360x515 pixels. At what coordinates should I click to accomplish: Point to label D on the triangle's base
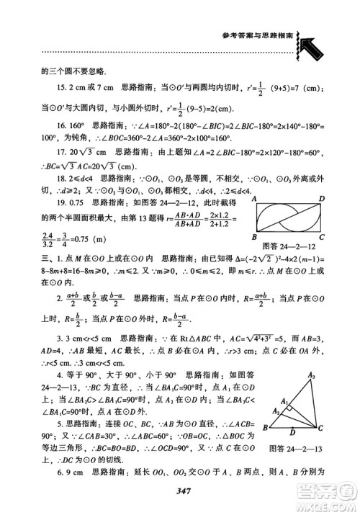[291, 433]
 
